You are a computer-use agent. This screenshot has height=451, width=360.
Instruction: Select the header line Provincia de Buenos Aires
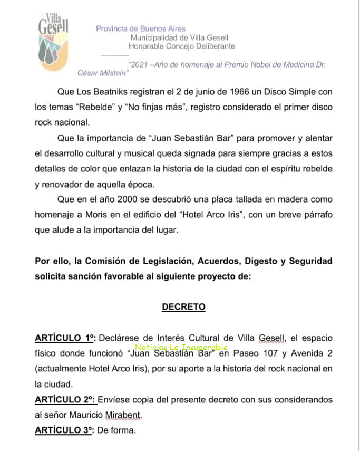click(141, 28)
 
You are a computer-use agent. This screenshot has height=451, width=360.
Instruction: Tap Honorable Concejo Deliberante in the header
click(182, 46)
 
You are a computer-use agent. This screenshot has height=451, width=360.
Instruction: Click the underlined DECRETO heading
click(183, 306)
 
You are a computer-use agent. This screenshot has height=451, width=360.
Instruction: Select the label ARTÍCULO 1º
click(65, 338)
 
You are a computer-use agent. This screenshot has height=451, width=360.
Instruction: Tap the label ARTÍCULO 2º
click(65, 400)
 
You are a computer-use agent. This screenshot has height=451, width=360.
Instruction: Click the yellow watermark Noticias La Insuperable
click(181, 348)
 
